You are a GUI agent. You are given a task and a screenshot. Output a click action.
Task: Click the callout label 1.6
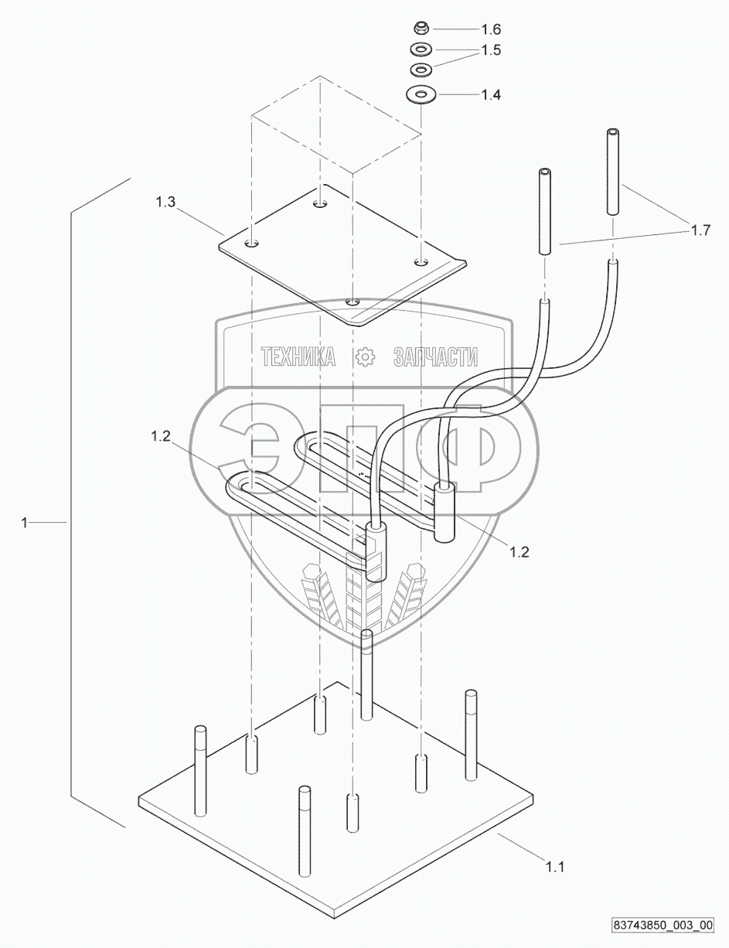(x=491, y=29)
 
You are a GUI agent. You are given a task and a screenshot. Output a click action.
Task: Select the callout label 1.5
(x=491, y=50)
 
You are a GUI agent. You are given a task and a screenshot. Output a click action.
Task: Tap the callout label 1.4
(x=491, y=95)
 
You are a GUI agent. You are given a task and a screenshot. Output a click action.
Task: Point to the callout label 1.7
(x=700, y=230)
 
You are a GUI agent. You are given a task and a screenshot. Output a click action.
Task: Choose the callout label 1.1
(x=555, y=868)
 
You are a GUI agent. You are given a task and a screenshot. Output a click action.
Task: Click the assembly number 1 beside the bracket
(x=26, y=523)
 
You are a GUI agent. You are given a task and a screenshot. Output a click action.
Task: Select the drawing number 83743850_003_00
(x=663, y=924)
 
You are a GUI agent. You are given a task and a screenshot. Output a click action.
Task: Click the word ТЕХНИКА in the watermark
(x=298, y=356)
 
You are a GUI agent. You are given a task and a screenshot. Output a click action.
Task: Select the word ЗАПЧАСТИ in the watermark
(x=435, y=356)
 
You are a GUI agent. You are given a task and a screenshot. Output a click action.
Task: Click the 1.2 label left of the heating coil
(x=161, y=436)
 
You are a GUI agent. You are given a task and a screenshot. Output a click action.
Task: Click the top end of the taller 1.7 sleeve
(x=612, y=133)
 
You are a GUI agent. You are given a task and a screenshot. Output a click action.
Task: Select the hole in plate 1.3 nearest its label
(x=252, y=244)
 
